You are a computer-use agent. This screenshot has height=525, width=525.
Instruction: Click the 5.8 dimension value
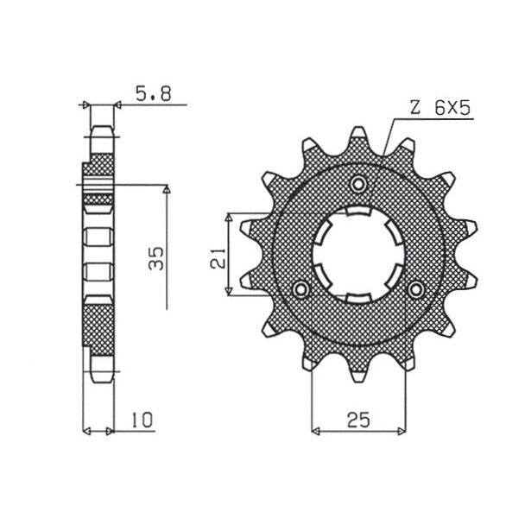coord(154,94)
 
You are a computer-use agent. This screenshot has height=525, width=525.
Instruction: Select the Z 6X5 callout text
coord(440,108)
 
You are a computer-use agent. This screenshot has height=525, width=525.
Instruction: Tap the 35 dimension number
coord(156,258)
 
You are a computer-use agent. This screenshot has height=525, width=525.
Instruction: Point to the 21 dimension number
coord(218,258)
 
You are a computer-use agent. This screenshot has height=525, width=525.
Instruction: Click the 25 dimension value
coord(358,420)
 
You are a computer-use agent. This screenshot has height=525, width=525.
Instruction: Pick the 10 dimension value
coord(142,420)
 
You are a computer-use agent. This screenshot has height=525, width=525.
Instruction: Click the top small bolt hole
coord(358,183)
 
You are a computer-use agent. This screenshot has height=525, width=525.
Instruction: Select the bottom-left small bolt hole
coord(300,288)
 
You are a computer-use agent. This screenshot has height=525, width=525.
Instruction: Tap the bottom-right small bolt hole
coord(416,288)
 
